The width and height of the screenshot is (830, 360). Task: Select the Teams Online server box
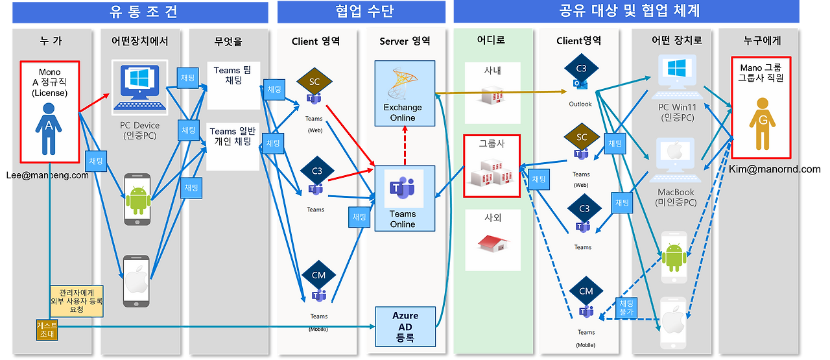coord(403,198)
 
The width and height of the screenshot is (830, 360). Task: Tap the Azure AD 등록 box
coord(405,326)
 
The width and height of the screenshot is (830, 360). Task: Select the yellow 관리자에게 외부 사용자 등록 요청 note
coord(77,301)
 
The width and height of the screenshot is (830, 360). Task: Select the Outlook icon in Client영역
coord(580,84)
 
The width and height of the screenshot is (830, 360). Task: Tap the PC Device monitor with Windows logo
coord(139,87)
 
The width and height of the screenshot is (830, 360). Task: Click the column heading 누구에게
coord(762,41)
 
